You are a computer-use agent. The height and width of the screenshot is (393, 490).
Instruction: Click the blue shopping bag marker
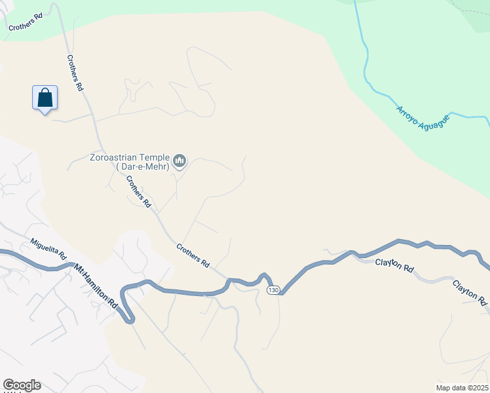[45, 99]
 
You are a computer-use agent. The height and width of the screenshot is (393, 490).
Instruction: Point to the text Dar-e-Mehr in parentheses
[142, 167]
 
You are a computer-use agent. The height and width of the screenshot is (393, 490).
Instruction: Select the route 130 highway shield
[273, 290]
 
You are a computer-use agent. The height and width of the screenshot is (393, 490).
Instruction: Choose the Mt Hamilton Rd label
[96, 286]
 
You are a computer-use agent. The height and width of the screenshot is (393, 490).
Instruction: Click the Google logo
[22, 385]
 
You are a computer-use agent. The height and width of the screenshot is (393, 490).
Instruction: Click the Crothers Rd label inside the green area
[26, 21]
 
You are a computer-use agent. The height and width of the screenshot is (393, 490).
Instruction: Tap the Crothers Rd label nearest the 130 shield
[193, 255]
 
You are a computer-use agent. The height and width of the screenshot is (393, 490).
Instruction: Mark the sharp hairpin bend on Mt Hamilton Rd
[130, 319]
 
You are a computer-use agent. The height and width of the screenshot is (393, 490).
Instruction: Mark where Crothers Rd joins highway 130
[229, 280]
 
